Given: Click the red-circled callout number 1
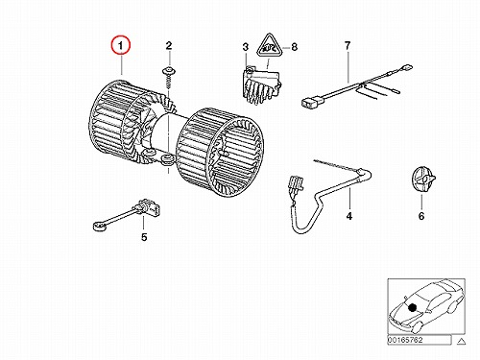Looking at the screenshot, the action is [121, 46].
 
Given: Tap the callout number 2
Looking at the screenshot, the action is [169, 46].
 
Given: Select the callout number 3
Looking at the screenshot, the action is [245, 47].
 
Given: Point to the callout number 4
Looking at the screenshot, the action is [349, 216].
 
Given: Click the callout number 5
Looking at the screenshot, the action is [144, 237].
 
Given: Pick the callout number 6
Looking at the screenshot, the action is [421, 216].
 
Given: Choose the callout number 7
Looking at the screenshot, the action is [348, 46].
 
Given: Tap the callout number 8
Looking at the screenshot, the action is [294, 47].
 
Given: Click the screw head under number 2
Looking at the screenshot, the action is [168, 71].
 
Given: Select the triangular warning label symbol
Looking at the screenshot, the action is [269, 46].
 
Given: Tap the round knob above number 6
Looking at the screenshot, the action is [422, 180].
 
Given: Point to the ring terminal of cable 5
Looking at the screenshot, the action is [99, 228].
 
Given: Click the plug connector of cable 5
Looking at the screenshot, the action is [149, 206].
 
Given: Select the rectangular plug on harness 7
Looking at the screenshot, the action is [311, 103].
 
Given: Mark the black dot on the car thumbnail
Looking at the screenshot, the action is [413, 307].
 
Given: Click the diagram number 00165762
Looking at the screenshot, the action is [405, 340].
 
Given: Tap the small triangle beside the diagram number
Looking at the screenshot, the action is [461, 341].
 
